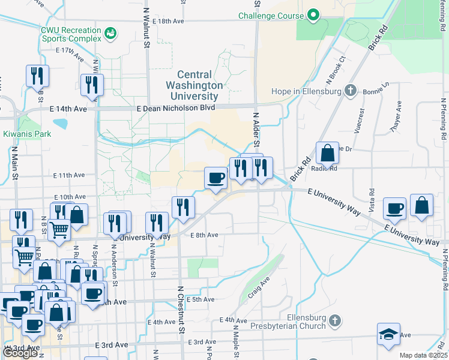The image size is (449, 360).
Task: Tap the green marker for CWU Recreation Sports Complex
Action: coord(110,34)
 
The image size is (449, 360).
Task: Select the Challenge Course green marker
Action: coord(313,16)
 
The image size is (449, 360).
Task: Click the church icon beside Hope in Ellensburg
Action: coord(351,91)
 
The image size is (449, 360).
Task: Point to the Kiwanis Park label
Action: coord(27,134)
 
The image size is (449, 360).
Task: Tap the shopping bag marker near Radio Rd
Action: coord(327,154)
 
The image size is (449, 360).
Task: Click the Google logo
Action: coord(20,353)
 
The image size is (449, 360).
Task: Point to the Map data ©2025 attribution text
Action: coord(423,355)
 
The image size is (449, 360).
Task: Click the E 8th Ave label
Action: coord(204,235)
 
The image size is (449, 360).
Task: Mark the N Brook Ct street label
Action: coord(336,70)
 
